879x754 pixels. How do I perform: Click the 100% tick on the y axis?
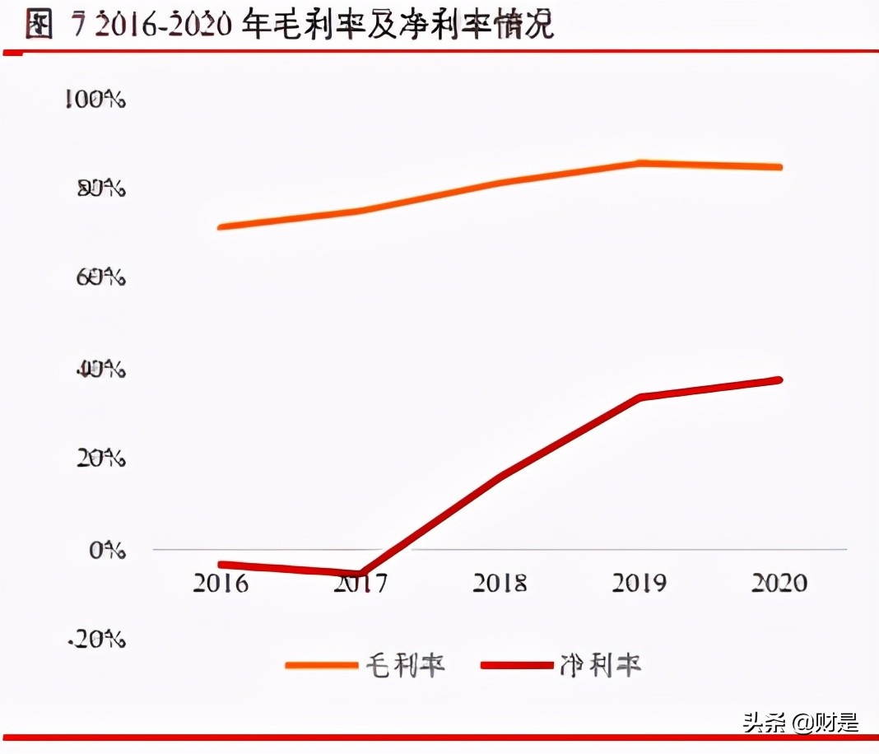click(95, 100)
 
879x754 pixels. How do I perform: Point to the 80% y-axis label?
click(100, 189)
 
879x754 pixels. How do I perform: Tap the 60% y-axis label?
click(100, 278)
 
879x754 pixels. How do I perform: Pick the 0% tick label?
click(107, 549)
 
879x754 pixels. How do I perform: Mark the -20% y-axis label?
click(97, 639)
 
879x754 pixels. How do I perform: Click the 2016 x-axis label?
click(221, 583)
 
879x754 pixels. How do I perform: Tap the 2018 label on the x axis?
click(500, 583)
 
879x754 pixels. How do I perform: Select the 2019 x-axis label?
click(639, 583)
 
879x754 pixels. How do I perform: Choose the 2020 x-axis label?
click(779, 583)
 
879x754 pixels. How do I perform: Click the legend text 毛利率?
click(405, 665)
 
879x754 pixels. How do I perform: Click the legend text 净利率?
click(600, 665)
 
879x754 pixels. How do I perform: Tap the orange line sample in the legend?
click(322, 665)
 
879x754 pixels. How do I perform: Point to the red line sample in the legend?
click(516, 665)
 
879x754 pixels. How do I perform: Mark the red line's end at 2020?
click(779, 379)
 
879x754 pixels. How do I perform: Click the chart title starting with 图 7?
click(290, 25)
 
